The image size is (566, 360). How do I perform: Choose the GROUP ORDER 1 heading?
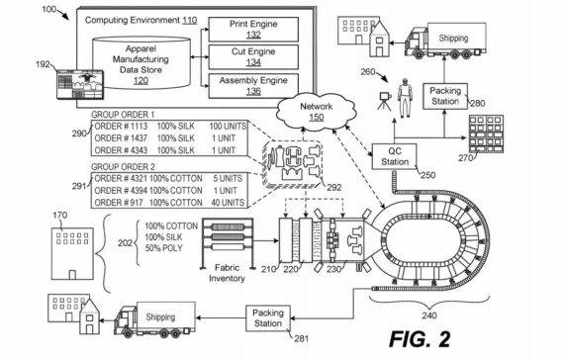pyautogui.click(x=130, y=114)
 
